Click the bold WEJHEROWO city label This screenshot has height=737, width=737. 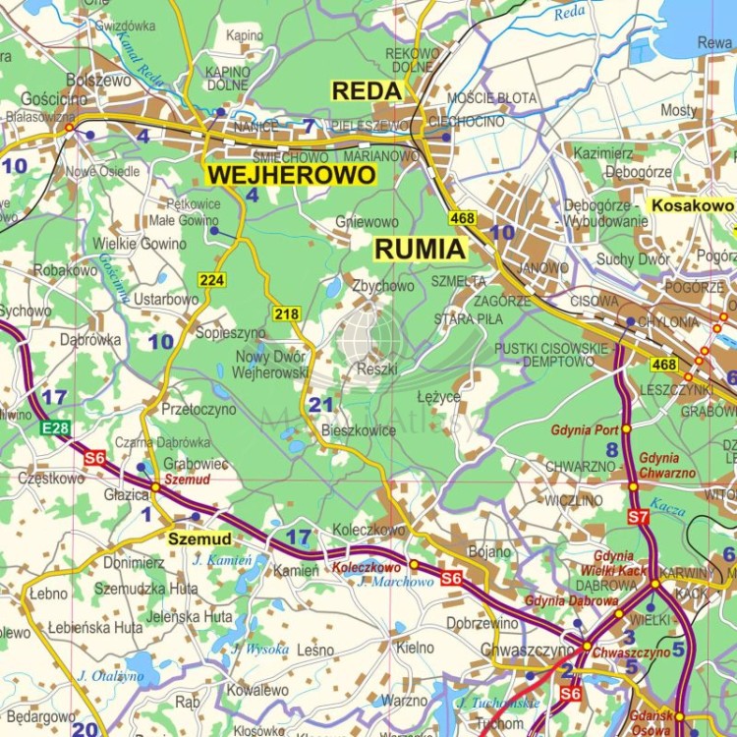(x=291, y=175)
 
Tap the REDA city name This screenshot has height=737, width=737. (x=367, y=91)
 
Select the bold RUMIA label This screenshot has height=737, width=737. (x=420, y=250)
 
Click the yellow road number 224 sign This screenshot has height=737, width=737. (x=212, y=280)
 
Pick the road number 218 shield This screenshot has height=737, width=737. (x=286, y=313)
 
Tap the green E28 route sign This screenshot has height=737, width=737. (x=56, y=428)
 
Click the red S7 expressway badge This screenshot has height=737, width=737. (x=638, y=516)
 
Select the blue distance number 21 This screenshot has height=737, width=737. (x=320, y=405)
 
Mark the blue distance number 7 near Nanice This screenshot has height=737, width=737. (x=309, y=126)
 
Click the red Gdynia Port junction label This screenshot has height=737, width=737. (x=585, y=429)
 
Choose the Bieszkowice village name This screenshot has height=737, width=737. (x=359, y=430)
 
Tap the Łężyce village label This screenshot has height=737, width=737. (x=438, y=397)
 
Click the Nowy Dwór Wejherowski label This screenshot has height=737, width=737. (x=270, y=365)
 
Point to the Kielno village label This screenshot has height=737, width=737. (x=415, y=648)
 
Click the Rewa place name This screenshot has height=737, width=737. (x=713, y=42)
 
